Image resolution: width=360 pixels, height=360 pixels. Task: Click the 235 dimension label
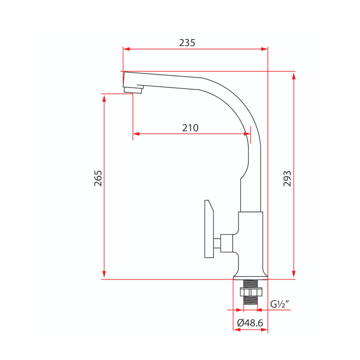pos(187,43)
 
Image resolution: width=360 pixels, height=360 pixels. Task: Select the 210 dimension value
pos(190,128)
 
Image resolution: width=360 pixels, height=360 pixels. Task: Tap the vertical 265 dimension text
pos(98,178)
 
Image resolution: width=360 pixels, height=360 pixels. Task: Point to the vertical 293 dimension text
pos(287,179)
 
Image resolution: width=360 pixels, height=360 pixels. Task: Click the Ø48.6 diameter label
pos(250,323)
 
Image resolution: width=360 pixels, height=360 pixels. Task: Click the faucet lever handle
pos(209,229)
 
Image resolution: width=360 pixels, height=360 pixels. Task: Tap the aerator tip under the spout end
pos(133,90)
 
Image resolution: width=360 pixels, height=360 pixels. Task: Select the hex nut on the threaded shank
pos(251,292)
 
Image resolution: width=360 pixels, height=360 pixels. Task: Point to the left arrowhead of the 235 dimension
pos(126,49)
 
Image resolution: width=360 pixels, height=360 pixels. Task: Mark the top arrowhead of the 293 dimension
pos(294,76)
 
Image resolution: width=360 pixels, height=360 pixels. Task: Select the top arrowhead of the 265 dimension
pos(104,98)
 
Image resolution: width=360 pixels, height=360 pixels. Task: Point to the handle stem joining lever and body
pos(217,243)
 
